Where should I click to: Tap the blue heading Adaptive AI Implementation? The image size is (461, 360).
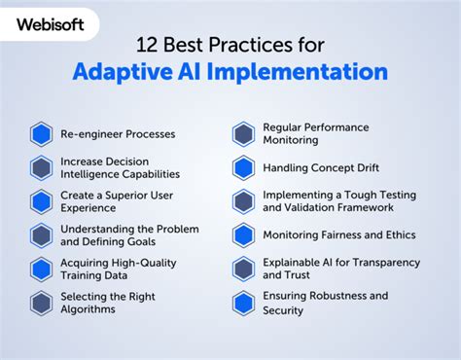(x=230, y=72)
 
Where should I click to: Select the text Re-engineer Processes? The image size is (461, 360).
(x=118, y=133)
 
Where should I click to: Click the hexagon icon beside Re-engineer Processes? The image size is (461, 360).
(x=41, y=133)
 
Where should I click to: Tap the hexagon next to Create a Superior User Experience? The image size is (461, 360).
(x=41, y=201)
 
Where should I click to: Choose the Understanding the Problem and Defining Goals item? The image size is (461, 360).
(x=128, y=235)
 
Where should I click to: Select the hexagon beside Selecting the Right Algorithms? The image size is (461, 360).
(x=41, y=304)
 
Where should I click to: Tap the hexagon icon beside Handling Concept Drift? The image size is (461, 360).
(x=244, y=167)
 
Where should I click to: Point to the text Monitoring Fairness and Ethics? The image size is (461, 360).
(x=338, y=235)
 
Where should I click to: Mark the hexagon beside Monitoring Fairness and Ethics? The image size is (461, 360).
(x=244, y=235)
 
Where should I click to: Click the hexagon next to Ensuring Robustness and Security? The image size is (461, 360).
(x=244, y=304)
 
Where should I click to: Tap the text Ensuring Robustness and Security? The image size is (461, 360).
(x=325, y=304)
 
